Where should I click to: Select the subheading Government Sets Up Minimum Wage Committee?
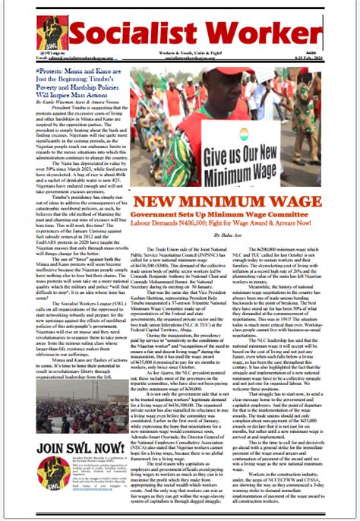(235, 216)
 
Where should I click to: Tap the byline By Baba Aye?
(237, 235)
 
